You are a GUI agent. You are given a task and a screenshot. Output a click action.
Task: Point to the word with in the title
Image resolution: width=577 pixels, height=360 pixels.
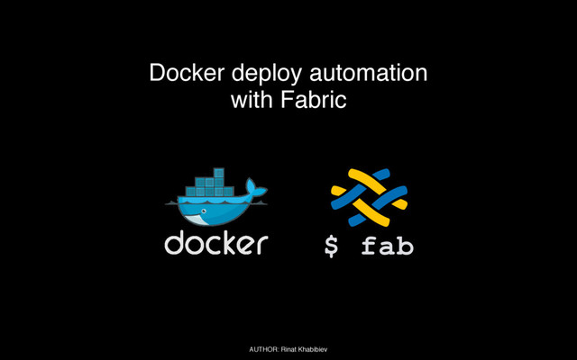pyautogui.click(x=250, y=100)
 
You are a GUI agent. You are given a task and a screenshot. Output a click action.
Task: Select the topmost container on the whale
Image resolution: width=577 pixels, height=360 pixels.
pyautogui.click(x=218, y=172)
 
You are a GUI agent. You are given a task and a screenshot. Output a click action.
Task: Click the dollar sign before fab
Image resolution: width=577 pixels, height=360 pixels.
pyautogui.click(x=333, y=245)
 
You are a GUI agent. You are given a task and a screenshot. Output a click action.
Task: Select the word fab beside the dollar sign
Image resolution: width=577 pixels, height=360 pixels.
pyautogui.click(x=387, y=244)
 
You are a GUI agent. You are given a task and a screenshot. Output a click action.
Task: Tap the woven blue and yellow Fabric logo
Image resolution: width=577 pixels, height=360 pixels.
pyautogui.click(x=368, y=197)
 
